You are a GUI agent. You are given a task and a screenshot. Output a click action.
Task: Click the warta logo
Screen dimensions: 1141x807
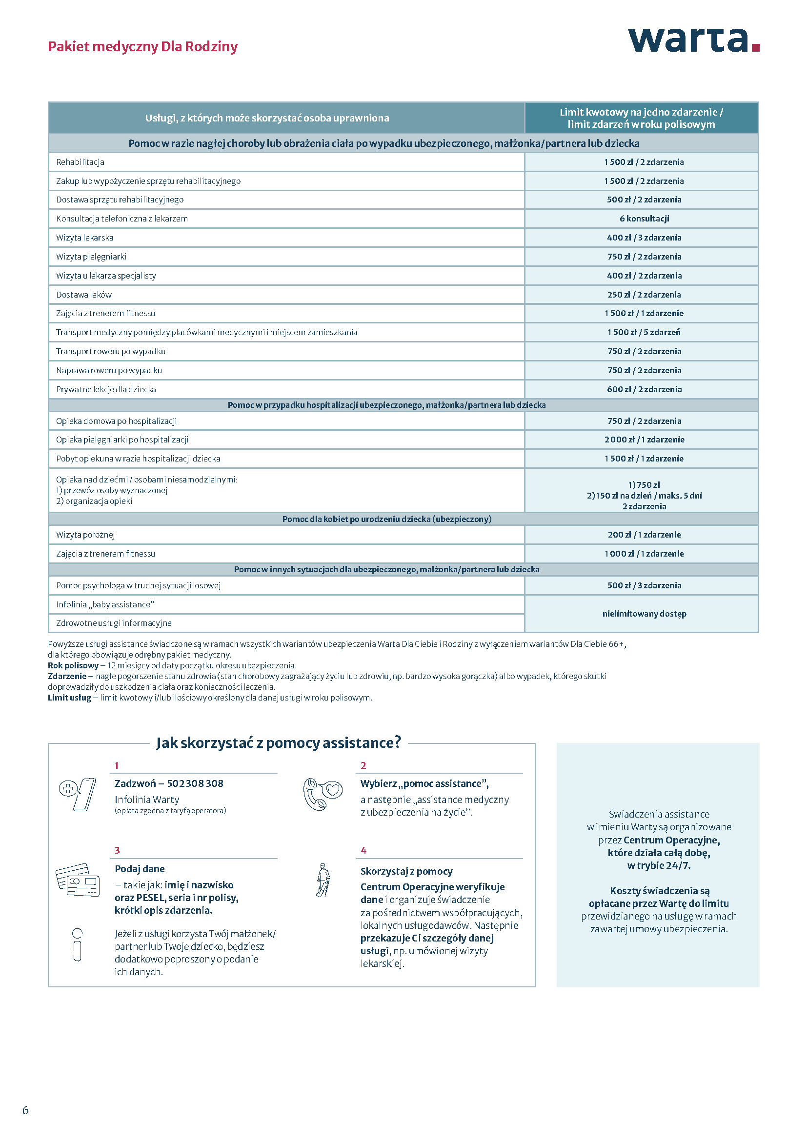693,41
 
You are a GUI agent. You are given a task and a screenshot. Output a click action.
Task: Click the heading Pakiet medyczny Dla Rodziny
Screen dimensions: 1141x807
142,47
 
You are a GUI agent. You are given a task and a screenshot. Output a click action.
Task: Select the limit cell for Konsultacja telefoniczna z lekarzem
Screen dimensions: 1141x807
644,219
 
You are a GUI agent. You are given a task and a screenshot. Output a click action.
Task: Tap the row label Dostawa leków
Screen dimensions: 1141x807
84,295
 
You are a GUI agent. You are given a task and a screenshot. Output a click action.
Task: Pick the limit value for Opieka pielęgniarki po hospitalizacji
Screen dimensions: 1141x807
644,440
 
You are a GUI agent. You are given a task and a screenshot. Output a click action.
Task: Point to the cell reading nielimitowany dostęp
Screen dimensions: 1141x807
644,614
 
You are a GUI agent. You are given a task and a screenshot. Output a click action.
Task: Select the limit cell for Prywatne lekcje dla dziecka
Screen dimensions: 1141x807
644,390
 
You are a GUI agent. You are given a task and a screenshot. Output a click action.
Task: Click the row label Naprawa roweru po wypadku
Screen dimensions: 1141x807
109,371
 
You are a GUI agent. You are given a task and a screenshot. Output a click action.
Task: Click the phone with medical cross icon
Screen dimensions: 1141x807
78,794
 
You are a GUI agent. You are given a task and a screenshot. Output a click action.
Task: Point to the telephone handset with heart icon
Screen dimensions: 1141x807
322,794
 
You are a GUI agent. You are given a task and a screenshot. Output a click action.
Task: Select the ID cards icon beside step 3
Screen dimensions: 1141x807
78,880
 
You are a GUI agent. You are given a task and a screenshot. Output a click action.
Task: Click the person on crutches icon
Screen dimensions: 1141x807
323,880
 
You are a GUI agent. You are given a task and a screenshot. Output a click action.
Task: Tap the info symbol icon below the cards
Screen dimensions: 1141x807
77,945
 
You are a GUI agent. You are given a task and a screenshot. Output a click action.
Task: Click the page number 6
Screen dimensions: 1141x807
26,1110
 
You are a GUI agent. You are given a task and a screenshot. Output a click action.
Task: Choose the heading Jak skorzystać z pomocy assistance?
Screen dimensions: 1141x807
278,743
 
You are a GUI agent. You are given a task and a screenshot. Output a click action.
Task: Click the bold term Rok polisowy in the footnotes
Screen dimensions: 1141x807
73,665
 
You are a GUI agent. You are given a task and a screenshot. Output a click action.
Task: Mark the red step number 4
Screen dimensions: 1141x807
364,850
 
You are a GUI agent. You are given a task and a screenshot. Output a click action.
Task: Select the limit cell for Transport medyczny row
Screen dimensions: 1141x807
644,333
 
